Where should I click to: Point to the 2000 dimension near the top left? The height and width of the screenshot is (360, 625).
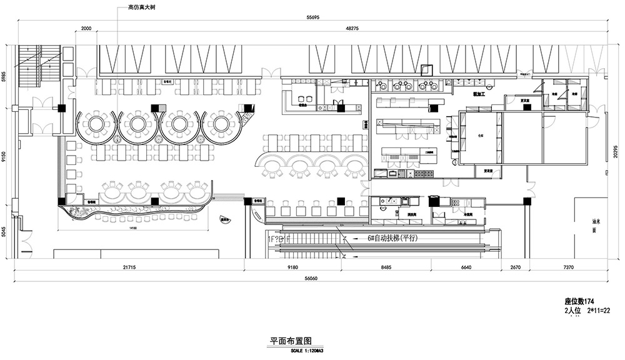click(x=86, y=29)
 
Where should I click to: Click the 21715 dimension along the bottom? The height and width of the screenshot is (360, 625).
click(x=129, y=268)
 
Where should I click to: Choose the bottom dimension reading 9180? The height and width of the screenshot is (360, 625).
click(x=292, y=268)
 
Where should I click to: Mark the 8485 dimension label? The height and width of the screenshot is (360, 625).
click(x=386, y=268)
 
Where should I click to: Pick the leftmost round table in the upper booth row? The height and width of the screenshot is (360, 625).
click(x=95, y=124)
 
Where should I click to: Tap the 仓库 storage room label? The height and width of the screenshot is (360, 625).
click(x=481, y=134)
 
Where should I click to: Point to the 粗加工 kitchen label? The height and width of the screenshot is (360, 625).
click(x=479, y=94)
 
